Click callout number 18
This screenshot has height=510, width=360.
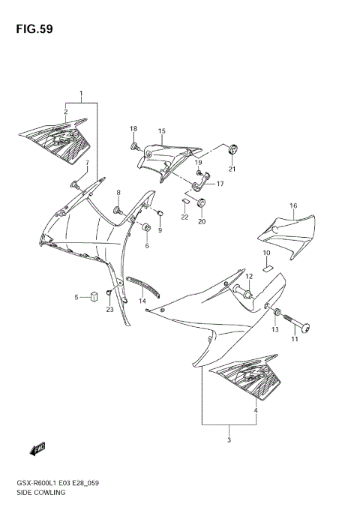tap(133, 129)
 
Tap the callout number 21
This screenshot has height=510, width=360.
tap(232, 169)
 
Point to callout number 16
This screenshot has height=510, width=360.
tap(292, 205)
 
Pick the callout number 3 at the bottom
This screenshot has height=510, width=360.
tap(229, 441)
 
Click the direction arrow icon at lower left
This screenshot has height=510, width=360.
tap(37, 448)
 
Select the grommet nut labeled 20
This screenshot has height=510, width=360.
tap(201, 203)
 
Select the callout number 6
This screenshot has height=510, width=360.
tap(147, 246)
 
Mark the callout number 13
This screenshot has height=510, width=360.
tap(274, 330)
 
